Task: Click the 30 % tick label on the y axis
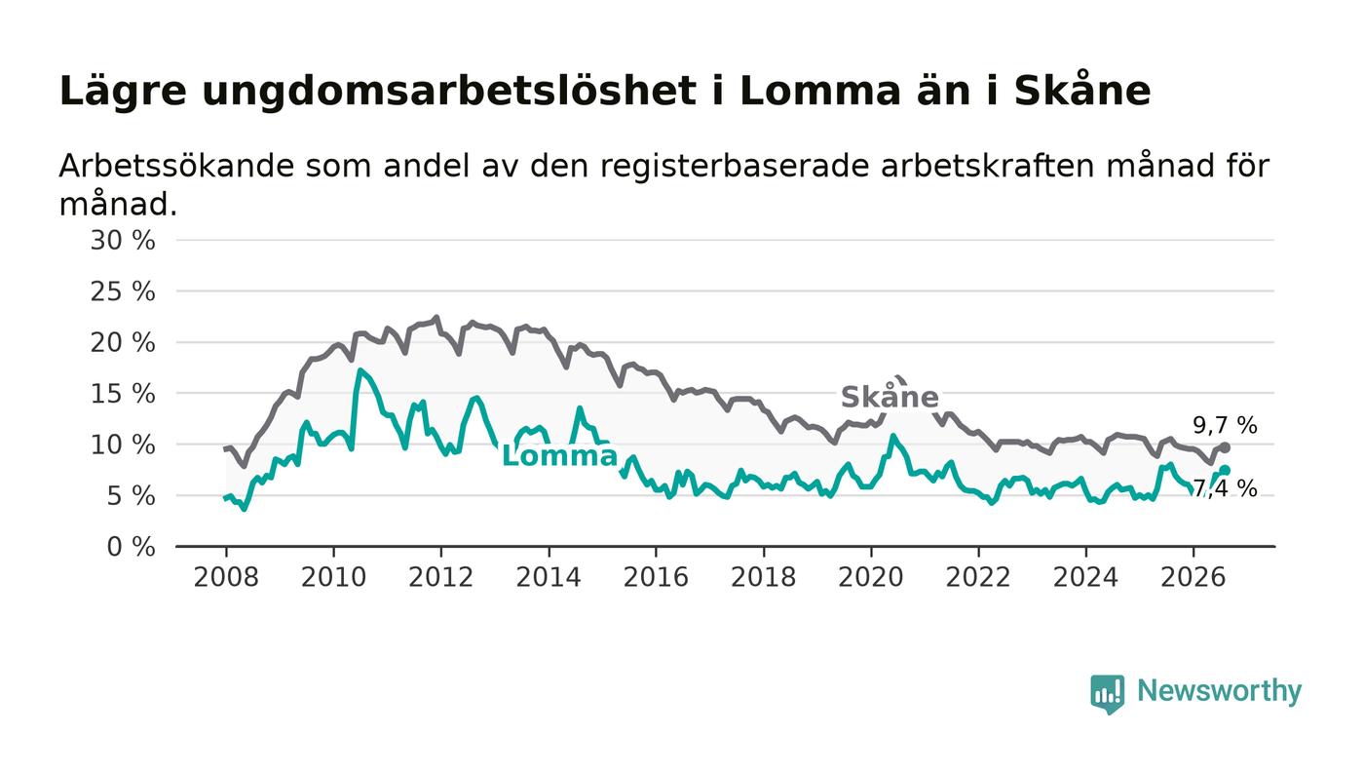point(123,240)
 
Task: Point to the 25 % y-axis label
point(123,291)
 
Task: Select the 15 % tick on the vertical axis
point(123,395)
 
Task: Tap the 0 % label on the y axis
point(131,547)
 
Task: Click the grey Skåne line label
point(890,397)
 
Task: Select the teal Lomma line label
point(559,456)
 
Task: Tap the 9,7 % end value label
point(1225,425)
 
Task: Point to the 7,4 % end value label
point(1225,488)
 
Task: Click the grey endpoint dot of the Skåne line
point(1226,448)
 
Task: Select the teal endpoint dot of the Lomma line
point(1226,470)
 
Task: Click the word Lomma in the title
point(819,92)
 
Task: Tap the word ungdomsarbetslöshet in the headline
point(449,93)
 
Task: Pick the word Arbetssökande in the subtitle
point(176,167)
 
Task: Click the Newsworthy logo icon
point(1107,693)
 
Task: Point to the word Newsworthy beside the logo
point(1219,691)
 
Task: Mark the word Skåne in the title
point(1082,91)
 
